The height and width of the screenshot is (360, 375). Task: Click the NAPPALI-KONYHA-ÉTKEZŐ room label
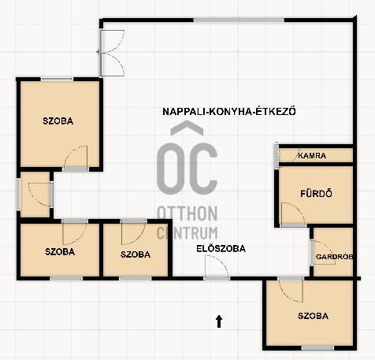[x=229, y=111]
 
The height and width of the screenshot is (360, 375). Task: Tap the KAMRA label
[x=312, y=155]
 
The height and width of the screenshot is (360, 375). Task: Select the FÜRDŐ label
[x=316, y=194]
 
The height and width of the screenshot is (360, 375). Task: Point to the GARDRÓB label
[x=334, y=257]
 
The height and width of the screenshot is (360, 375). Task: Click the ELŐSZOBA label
[x=221, y=248]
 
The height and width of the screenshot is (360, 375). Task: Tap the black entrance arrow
[x=219, y=321]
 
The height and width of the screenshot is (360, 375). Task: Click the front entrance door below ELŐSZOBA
[x=217, y=267]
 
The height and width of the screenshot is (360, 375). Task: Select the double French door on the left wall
[x=111, y=53]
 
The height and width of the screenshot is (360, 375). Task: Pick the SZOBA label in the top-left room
[x=58, y=121]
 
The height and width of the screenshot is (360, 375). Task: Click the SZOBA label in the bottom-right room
[x=313, y=316]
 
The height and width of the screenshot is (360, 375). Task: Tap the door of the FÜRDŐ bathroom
[x=293, y=214]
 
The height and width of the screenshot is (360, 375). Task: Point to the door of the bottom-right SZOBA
[x=291, y=289]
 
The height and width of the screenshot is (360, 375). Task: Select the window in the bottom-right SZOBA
[x=317, y=348]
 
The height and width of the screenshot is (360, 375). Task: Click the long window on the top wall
[x=239, y=20]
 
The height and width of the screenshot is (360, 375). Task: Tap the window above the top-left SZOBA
[x=58, y=79]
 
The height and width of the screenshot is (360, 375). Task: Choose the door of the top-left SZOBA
[x=76, y=158]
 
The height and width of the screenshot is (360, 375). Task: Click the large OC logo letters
[x=187, y=169]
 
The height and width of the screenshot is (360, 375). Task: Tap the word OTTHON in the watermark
[x=187, y=213]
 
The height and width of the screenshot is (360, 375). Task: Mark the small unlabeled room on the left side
[x=35, y=195]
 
